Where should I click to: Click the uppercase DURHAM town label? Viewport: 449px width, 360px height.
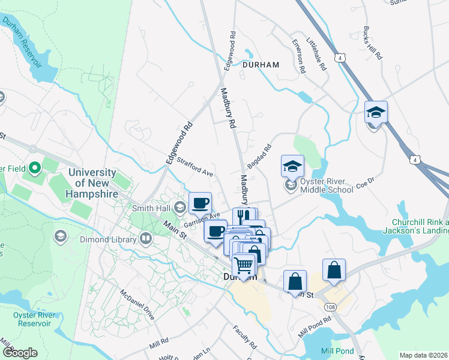click(261, 64)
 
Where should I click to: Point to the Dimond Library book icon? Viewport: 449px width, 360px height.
click(146, 239)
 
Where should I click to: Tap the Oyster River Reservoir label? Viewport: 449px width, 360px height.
click(28, 319)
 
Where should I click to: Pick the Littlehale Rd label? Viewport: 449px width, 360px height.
click(318, 53)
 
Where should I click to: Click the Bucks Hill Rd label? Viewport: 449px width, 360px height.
click(373, 43)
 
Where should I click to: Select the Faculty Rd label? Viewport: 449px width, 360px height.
click(245, 337)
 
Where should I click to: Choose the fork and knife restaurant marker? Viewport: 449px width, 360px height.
click(244, 217)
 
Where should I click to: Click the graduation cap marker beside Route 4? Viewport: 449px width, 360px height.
click(376, 112)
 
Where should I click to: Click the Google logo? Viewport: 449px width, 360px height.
click(20, 353)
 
